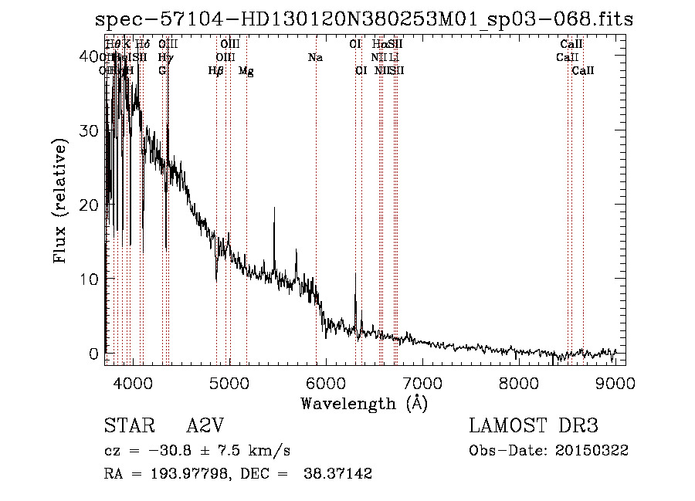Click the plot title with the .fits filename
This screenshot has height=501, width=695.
[x=364, y=19]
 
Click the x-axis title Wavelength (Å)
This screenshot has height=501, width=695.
[x=364, y=403]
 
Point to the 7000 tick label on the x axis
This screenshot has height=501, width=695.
[x=422, y=383]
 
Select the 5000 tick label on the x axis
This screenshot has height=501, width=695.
[x=229, y=383]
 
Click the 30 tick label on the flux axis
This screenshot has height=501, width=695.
[x=90, y=130]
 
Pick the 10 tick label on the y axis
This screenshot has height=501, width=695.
[x=90, y=279]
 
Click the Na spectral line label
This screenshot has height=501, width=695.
[x=315, y=58]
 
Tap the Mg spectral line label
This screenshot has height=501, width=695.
[x=246, y=71]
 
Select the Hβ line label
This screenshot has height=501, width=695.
[x=216, y=71]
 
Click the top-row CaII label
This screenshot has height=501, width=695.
[x=571, y=45]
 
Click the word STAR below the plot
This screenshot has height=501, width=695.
[x=126, y=426]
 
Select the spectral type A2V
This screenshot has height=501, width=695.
[x=205, y=426]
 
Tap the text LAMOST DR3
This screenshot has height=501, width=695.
[x=533, y=426]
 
